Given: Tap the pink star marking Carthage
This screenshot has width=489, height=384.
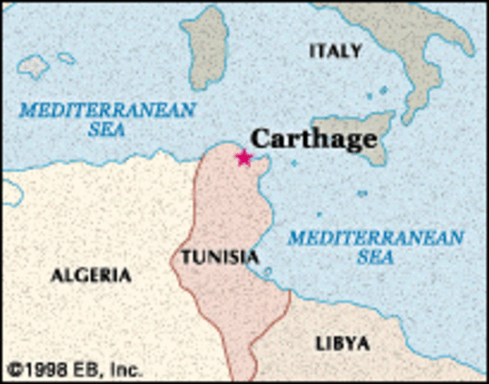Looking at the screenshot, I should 244,158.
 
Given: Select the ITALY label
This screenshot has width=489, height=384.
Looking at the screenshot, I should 335,51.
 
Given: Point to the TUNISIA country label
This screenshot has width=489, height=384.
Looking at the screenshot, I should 219,258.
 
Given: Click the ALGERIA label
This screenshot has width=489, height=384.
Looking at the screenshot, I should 90,276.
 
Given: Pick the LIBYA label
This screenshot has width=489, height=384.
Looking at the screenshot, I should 343,344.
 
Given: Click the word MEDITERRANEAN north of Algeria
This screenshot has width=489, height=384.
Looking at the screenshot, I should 107,110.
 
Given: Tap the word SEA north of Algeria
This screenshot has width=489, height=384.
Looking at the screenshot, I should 107,130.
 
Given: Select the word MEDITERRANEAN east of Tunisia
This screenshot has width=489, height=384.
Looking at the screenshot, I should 375,238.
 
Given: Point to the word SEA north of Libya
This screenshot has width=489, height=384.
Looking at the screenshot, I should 375,258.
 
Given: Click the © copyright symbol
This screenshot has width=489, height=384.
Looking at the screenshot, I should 14,370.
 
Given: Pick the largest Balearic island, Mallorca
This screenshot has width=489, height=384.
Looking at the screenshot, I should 33,66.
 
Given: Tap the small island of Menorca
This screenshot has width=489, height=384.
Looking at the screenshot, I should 66,58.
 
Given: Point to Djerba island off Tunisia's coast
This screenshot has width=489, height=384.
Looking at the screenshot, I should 267,273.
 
